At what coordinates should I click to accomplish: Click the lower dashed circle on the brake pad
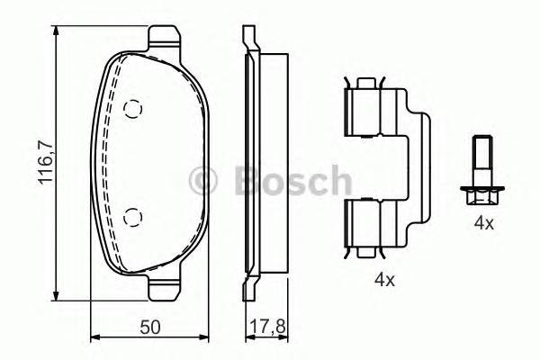coord(133,215)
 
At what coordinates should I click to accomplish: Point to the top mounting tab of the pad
coord(164,38)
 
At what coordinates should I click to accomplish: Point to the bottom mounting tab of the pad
coord(164,288)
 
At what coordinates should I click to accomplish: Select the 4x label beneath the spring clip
coord(384,280)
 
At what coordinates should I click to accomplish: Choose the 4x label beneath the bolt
coord(484,222)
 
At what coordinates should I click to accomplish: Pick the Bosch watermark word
coord(287,180)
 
